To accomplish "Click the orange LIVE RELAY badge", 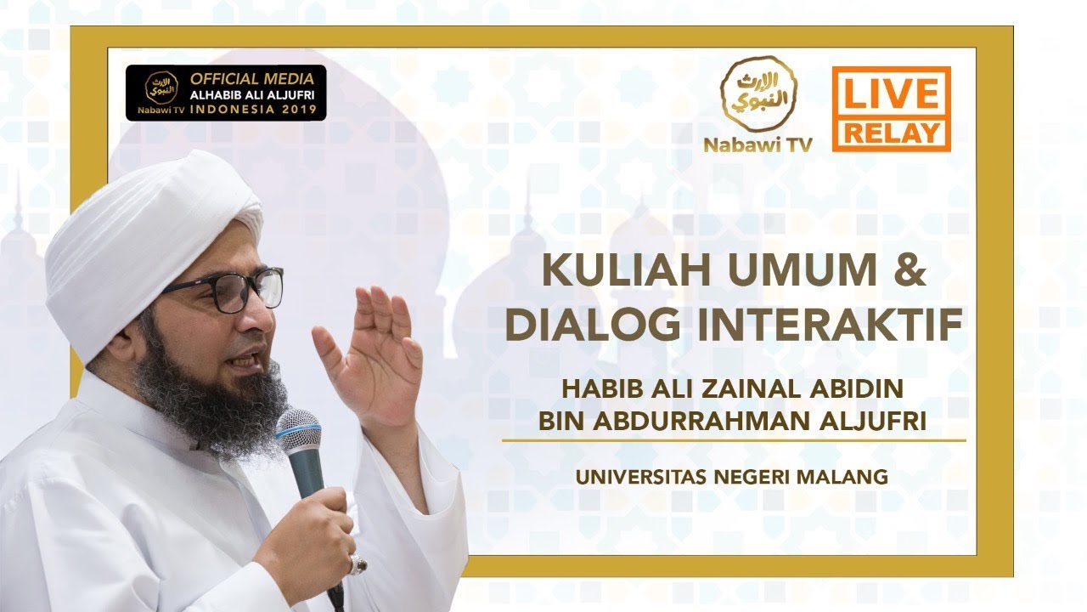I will click(891, 109).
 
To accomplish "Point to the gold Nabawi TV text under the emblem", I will click(758, 144).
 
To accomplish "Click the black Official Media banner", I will click(226, 93).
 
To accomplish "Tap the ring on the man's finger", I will click(358, 564).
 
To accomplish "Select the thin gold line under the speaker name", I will click(734, 440).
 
